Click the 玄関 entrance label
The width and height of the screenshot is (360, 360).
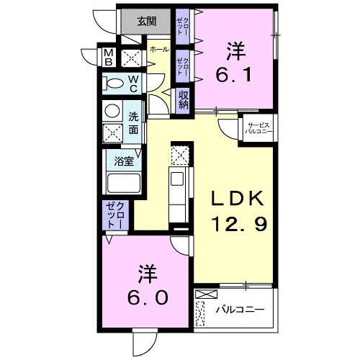pyautogui.click(x=147, y=21)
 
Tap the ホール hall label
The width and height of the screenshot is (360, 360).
pyautogui.click(x=159, y=49)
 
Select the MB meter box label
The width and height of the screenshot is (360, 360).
pyautogui.click(x=107, y=57)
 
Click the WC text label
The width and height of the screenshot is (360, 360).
pyautogui.click(x=133, y=84)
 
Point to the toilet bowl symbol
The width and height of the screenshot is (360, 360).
pyautogui.click(x=114, y=84)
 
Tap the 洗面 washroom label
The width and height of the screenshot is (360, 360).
pyautogui.click(x=134, y=122)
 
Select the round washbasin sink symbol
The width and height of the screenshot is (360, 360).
pyautogui.click(x=113, y=111)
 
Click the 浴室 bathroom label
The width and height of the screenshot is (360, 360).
pyautogui.click(x=124, y=161)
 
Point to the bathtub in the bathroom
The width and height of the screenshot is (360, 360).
pyautogui.click(x=124, y=183)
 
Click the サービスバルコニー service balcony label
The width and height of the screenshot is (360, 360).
pyautogui.click(x=256, y=128)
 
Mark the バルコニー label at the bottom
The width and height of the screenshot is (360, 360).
pyautogui.click(x=240, y=310)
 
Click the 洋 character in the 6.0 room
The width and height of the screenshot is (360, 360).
pyautogui.click(x=149, y=274)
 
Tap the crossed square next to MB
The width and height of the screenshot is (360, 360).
pyautogui.click(x=131, y=58)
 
